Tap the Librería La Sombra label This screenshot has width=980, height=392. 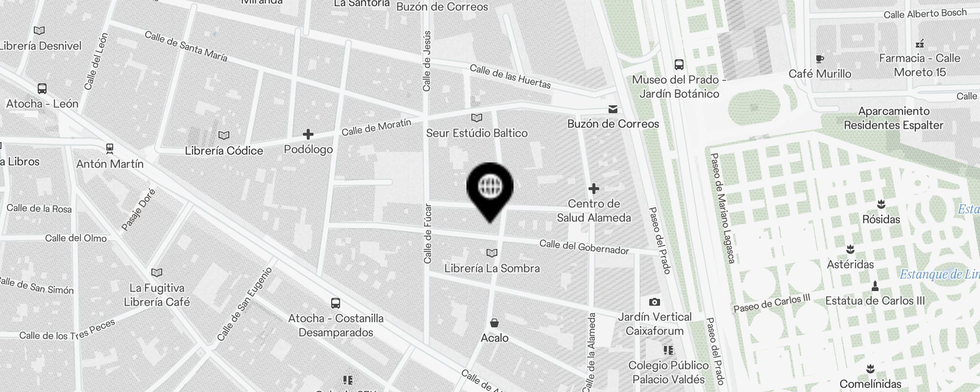(x=492, y=269)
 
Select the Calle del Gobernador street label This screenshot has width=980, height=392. (x=584, y=247)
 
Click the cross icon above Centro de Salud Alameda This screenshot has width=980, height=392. (x=594, y=189)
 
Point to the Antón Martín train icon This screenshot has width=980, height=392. (x=110, y=148)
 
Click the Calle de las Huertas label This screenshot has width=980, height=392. (x=510, y=76)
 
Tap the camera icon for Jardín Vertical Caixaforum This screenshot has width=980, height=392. (x=655, y=302)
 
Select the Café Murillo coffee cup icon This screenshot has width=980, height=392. (x=820, y=59)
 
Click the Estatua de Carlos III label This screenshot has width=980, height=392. (x=875, y=301)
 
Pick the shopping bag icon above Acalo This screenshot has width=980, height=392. (x=494, y=323)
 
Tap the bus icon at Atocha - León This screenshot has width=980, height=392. (x=42, y=89)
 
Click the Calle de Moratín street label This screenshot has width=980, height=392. (x=376, y=127)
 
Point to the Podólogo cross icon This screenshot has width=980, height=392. (x=308, y=134)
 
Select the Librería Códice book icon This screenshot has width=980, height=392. (x=224, y=135)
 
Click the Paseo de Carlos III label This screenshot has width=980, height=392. (x=772, y=303)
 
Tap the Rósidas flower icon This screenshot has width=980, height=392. (x=881, y=204)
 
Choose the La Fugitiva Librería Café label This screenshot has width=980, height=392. (x=157, y=295)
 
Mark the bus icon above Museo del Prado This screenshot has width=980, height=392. (x=679, y=65)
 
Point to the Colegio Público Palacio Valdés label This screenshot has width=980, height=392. (x=668, y=372)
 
